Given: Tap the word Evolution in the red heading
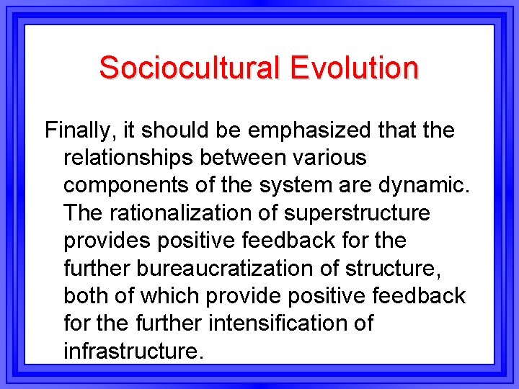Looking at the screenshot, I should click(x=354, y=68).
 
